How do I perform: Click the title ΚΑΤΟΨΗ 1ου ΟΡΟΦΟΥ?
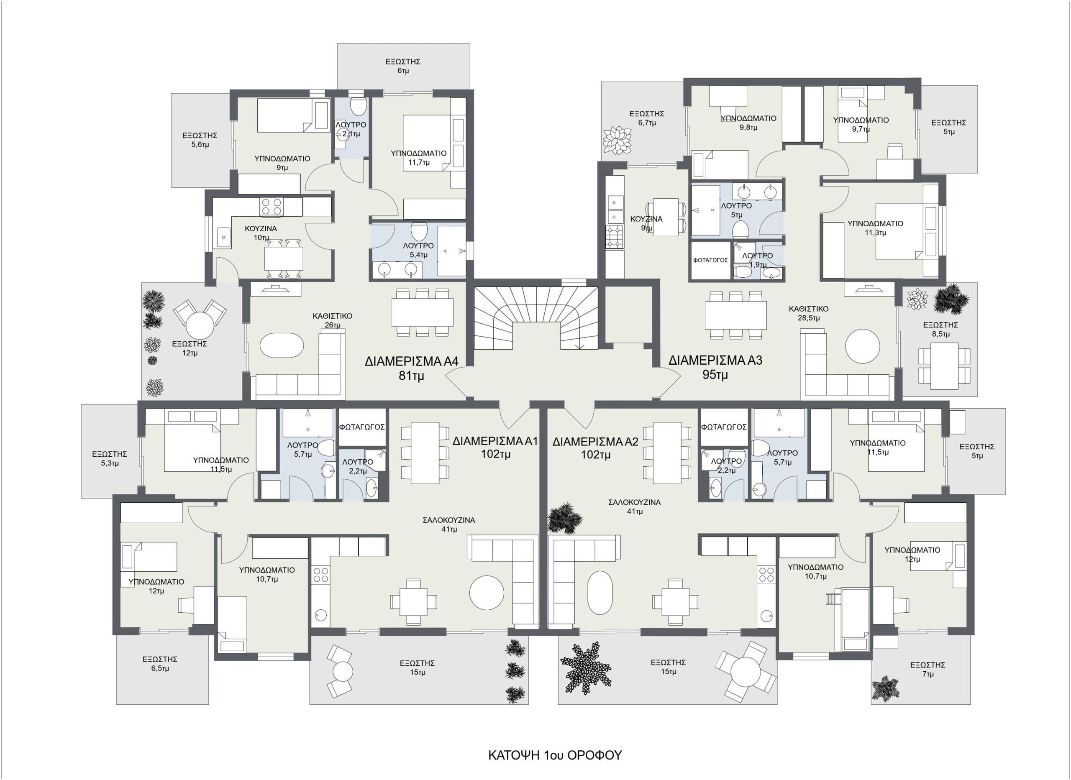[555, 755]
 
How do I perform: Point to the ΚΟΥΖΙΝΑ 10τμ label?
[261, 233]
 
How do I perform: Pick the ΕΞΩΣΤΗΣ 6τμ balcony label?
[403, 66]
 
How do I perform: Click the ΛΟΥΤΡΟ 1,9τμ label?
[758, 260]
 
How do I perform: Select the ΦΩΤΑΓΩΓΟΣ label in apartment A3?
[710, 260]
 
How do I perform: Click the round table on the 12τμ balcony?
[200, 325]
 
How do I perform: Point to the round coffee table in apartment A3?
[863, 346]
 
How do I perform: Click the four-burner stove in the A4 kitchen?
[272, 207]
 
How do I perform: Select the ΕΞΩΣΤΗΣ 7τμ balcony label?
[928, 670]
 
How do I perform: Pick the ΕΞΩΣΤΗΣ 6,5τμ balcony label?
[160, 664]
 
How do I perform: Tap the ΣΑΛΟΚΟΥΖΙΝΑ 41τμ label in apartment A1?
[448, 524]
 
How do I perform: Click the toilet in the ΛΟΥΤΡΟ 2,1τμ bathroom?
[359, 106]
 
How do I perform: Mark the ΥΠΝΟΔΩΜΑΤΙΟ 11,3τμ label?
[875, 228]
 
